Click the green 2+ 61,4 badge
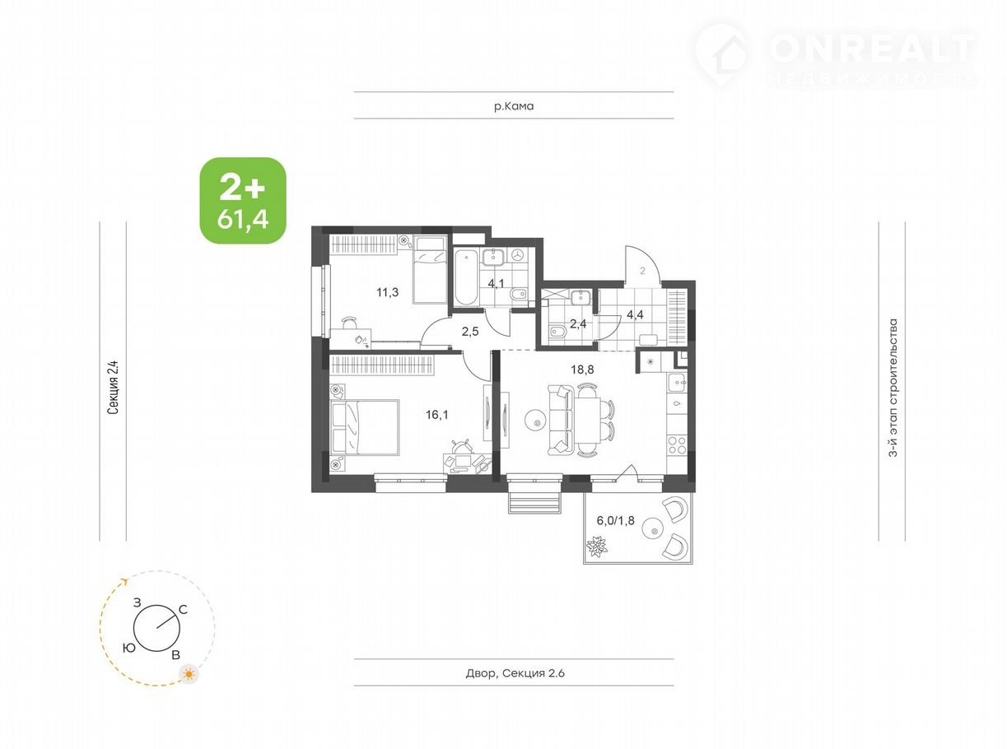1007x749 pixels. [243, 200]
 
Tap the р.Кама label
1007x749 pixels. [514, 106]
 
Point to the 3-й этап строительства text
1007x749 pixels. [893, 381]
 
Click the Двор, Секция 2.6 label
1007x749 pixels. [515, 672]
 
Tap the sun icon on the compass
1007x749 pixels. [189, 673]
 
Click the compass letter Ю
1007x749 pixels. [129, 648]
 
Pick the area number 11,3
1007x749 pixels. [387, 292]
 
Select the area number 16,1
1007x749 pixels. [436, 414]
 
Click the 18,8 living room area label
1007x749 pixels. [582, 370]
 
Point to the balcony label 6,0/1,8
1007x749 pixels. [615, 520]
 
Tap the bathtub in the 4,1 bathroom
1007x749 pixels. [466, 277]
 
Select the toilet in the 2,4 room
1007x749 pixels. [556, 333]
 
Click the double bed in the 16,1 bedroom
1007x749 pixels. [365, 426]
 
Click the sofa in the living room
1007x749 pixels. [559, 420]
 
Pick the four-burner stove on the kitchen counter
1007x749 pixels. [677, 444]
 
